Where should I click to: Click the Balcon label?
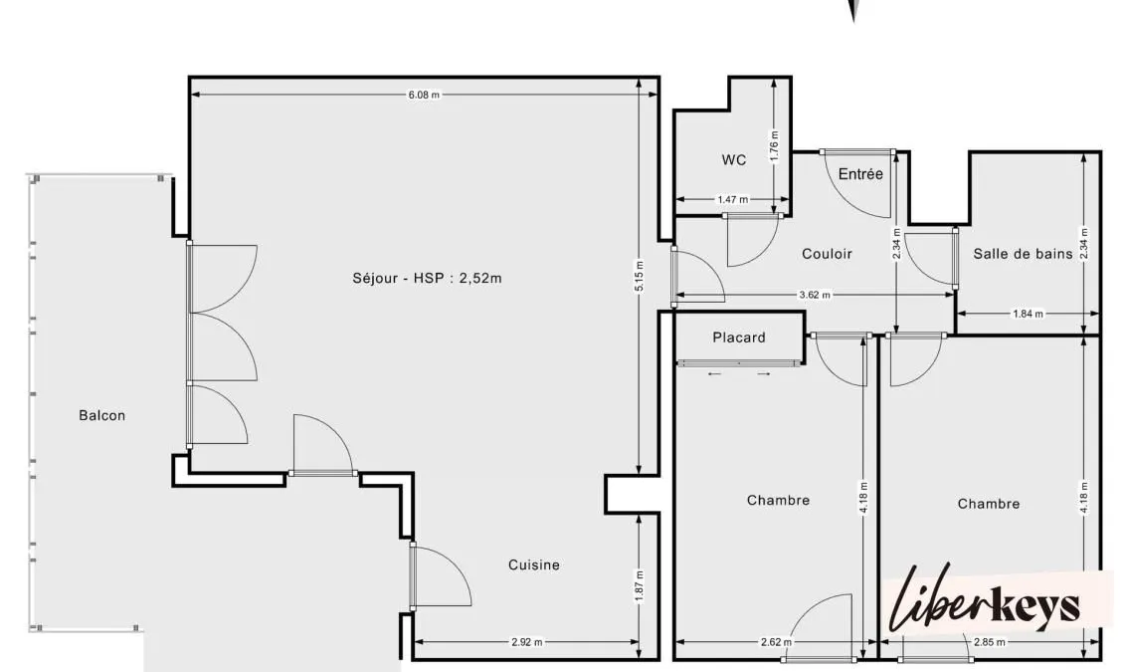click(x=101, y=416)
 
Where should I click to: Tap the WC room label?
click(x=734, y=160)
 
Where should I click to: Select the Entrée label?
click(x=860, y=174)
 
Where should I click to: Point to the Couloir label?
click(x=827, y=254)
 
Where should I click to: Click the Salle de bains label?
click(x=1023, y=254)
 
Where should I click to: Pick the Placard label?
click(x=739, y=337)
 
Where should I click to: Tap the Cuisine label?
click(x=534, y=565)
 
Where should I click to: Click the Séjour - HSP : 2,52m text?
click(x=427, y=278)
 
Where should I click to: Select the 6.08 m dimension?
click(x=424, y=94)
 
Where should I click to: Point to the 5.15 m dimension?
click(x=640, y=276)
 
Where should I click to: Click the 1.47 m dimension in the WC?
click(x=732, y=199)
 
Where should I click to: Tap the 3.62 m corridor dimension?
click(x=815, y=295)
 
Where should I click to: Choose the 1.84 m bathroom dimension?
click(x=1028, y=313)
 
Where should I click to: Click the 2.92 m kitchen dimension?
click(x=526, y=642)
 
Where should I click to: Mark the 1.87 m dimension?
click(x=640, y=585)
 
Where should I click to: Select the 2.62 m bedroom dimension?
click(x=776, y=642)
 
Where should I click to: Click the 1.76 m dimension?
click(x=774, y=145)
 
